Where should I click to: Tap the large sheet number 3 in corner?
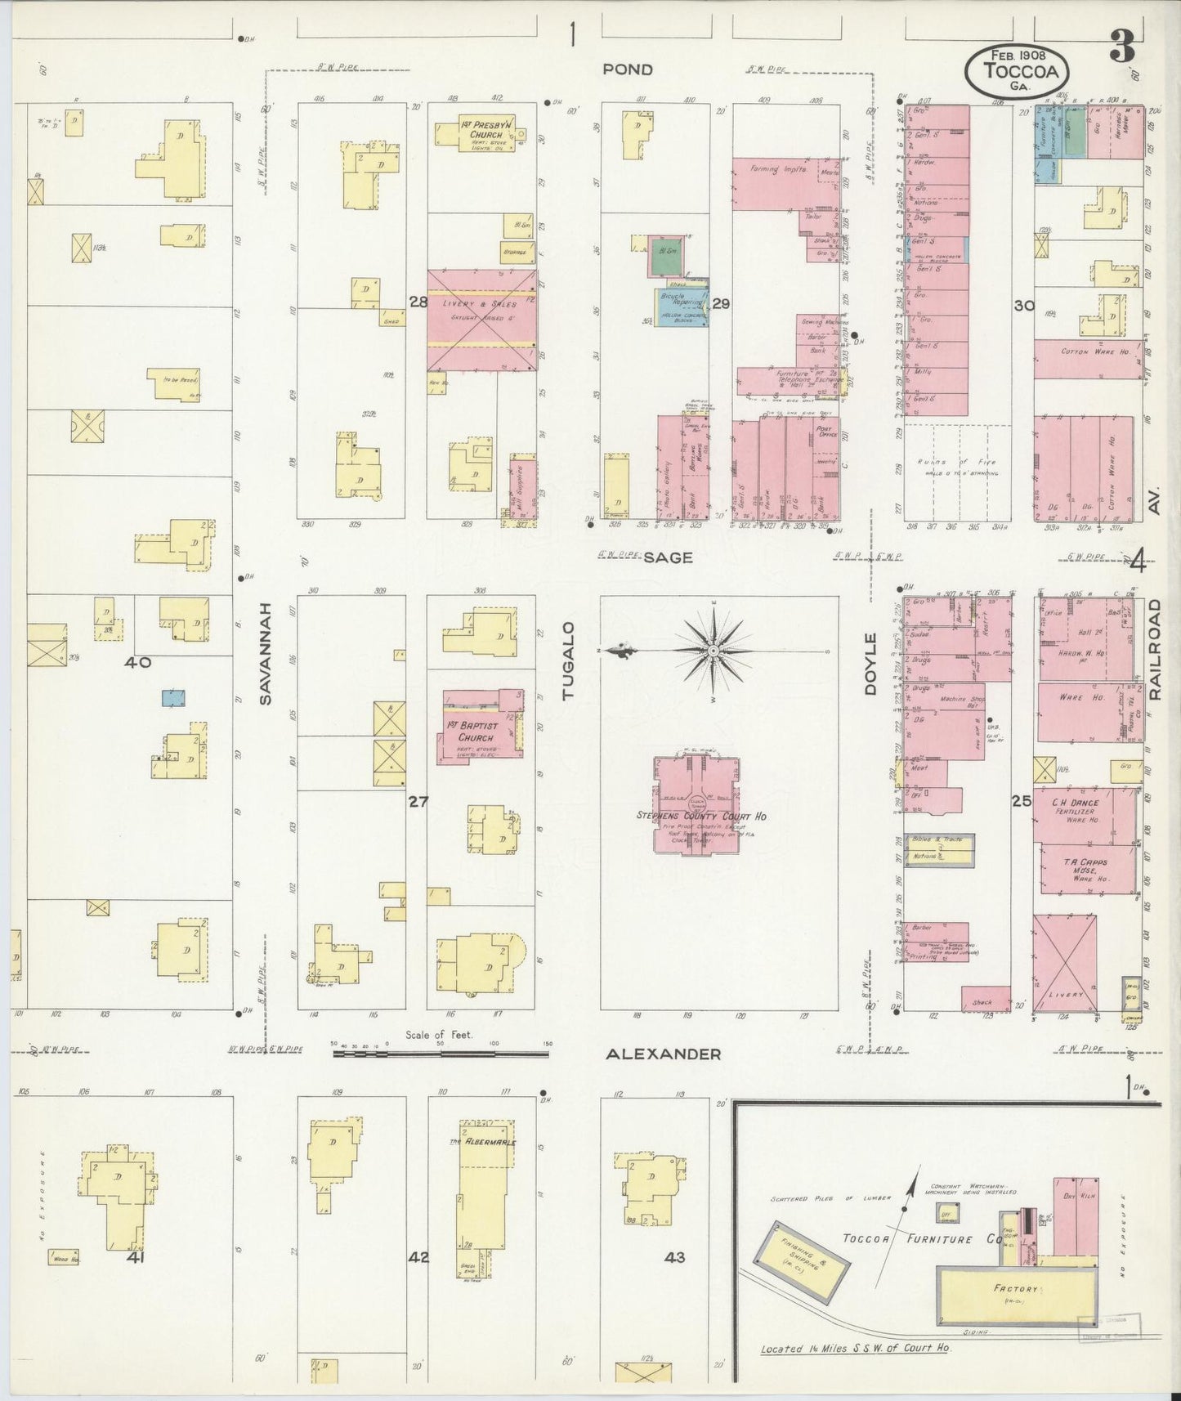coord(1121,49)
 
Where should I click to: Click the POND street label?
coord(628,69)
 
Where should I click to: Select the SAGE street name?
coord(667,557)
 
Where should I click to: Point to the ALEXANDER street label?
coord(663,1054)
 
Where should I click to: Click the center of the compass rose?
coord(714,650)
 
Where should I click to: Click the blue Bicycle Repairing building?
coord(680,307)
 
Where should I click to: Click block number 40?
coord(137,662)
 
